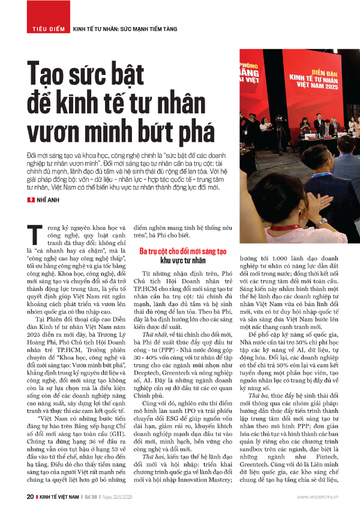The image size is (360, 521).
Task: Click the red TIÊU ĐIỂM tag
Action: [x=46, y=28]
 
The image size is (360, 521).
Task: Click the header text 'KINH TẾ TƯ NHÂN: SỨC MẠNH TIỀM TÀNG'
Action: [x=123, y=28]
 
